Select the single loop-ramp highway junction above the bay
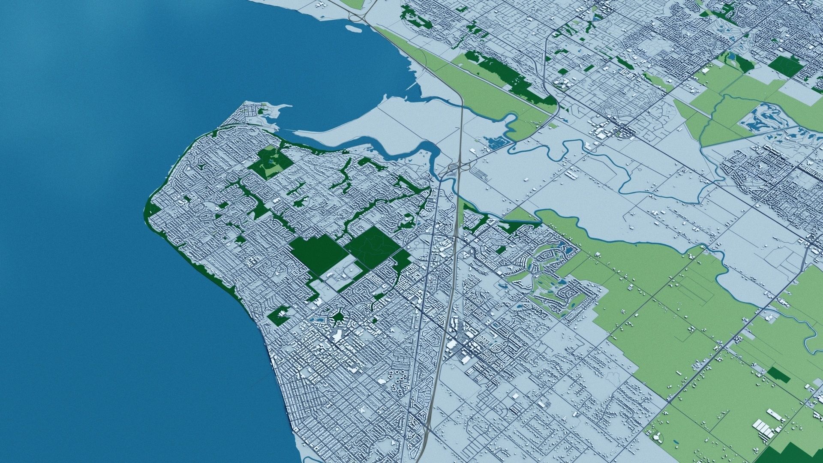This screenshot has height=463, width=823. coord(358,15)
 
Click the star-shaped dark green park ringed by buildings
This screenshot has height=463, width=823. coord(338,318)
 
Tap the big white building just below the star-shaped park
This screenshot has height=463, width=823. coord(337,335)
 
